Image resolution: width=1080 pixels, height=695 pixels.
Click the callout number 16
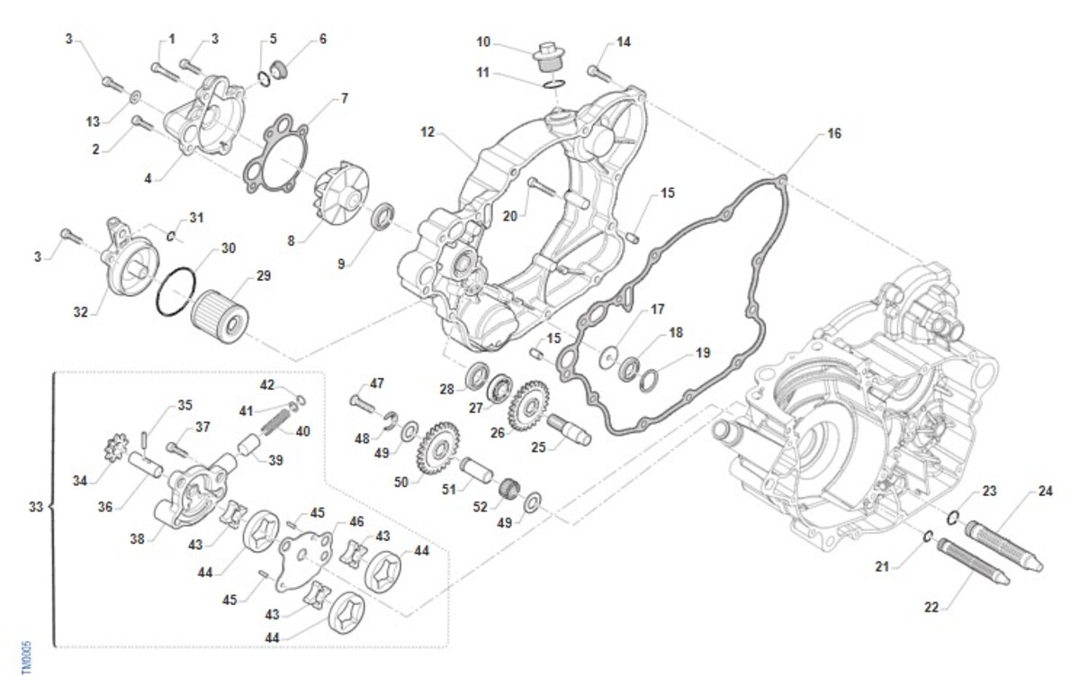tap(834, 133)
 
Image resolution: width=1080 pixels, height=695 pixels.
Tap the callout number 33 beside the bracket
tap(35, 509)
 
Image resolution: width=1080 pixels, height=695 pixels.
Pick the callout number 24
tap(1044, 492)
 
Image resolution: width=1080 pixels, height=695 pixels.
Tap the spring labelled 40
tap(276, 420)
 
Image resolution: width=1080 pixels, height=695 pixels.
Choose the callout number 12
tap(427, 132)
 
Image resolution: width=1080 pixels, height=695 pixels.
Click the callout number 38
tap(137, 540)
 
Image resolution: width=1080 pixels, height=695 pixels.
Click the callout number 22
tap(931, 608)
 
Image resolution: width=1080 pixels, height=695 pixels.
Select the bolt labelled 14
tap(598, 71)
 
